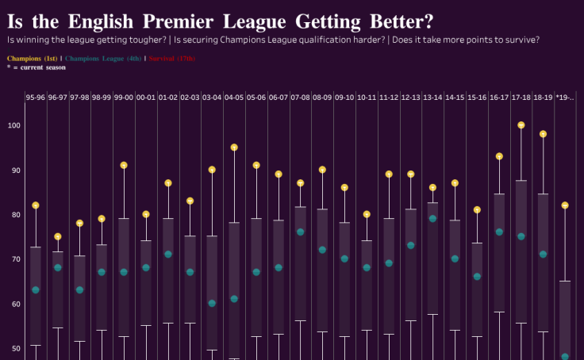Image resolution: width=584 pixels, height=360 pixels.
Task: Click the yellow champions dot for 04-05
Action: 234,147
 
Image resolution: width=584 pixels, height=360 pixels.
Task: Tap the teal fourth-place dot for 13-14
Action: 433,219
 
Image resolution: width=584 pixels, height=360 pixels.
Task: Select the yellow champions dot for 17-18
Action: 521,125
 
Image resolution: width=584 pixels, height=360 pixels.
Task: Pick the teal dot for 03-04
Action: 212,303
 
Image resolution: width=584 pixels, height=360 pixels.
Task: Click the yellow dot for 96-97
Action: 57,237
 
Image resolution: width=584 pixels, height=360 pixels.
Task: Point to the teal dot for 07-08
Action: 301,232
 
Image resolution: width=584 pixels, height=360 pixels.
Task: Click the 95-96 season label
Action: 35,98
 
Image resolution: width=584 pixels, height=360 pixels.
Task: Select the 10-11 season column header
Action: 367,98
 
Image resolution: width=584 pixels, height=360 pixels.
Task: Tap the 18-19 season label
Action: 544,98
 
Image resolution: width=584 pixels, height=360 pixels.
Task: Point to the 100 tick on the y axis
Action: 13,125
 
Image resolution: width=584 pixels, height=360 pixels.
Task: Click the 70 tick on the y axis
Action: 15,259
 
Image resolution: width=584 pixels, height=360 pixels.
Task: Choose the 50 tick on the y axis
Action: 15,348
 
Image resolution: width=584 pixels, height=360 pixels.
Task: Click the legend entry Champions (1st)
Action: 32,59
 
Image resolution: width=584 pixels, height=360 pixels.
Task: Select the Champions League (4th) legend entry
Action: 103,59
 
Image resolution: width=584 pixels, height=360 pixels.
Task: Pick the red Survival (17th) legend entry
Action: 171,59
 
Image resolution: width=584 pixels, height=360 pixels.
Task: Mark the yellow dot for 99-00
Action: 124,166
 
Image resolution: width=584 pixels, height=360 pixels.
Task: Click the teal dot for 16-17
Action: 499,232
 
